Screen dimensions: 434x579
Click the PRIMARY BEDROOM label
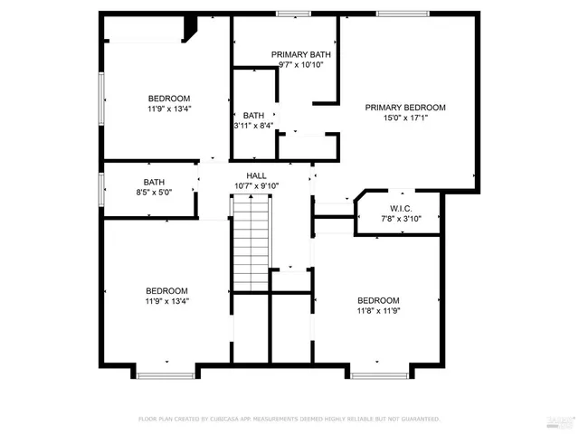coord(405,108)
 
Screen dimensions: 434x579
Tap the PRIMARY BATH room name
coord(301,55)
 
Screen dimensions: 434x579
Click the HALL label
coord(256,175)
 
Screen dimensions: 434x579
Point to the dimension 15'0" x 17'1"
coord(405,118)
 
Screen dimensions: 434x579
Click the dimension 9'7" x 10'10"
coord(301,65)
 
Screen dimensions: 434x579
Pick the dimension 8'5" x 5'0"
coord(154,193)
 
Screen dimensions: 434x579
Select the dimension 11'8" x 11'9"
coord(378,311)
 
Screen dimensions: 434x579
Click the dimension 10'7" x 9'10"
coord(256,186)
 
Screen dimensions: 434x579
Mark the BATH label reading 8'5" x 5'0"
coord(154,182)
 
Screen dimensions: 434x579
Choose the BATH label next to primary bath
coord(253,116)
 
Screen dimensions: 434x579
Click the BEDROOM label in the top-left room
coord(169,99)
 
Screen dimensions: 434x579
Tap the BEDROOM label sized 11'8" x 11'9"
coord(378,301)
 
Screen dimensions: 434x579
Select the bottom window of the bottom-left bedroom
coord(166,374)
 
